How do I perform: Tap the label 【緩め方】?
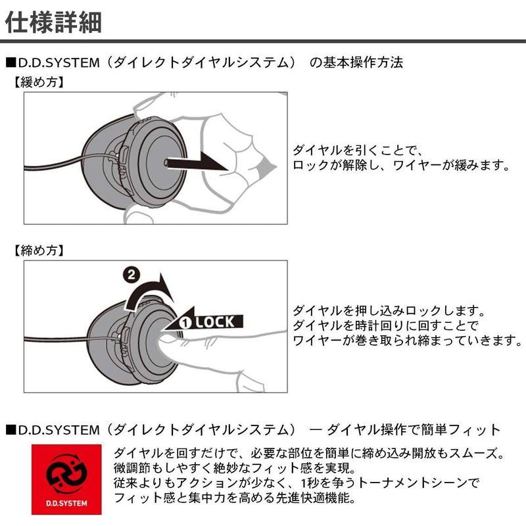click(38, 83)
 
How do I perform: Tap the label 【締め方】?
click(38, 251)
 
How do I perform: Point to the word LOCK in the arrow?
click(214, 322)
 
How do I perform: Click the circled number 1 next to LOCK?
click(185, 322)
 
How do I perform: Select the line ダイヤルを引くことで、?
click(355, 150)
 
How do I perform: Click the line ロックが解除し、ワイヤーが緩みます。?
click(401, 166)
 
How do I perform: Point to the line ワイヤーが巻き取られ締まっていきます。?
click(406, 341)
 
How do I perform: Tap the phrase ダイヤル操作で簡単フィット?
click(414, 430)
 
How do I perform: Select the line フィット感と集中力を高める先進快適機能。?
click(235, 498)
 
